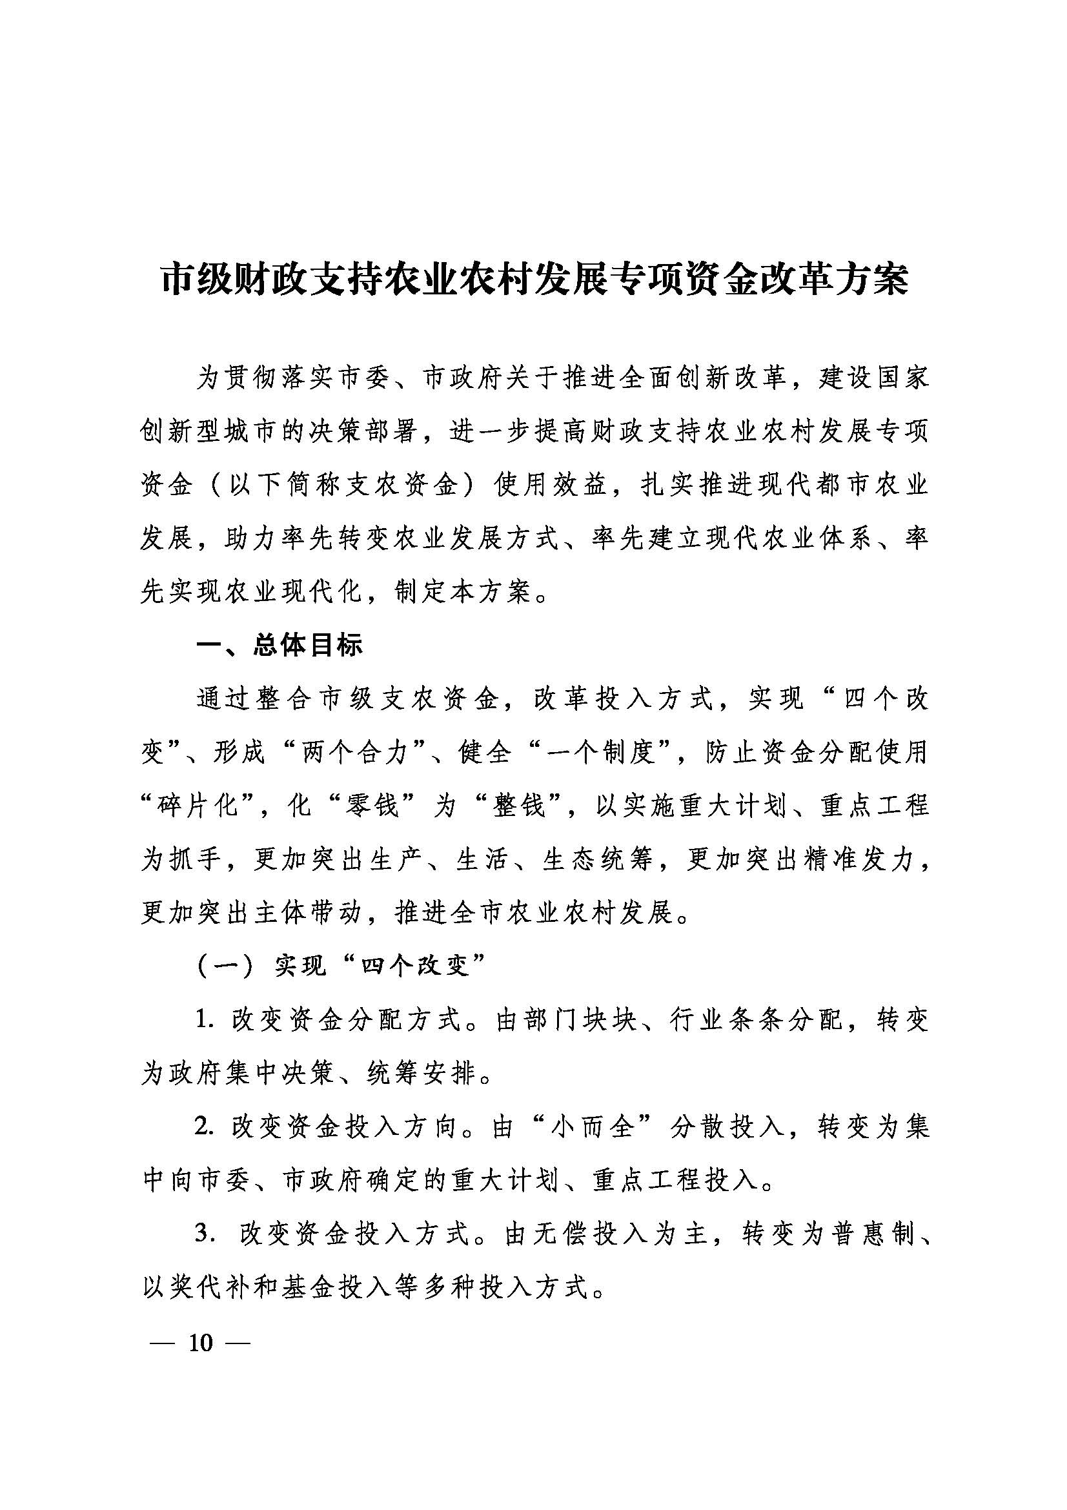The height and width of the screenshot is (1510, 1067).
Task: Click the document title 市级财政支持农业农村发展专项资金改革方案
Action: (x=534, y=281)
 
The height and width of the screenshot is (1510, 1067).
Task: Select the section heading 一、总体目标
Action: (x=279, y=646)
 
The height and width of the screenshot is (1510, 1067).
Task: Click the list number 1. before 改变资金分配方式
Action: (x=205, y=1020)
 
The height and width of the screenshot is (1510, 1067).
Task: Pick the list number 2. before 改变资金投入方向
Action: (x=205, y=1127)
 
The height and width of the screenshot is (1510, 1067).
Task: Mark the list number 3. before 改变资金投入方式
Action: (x=205, y=1234)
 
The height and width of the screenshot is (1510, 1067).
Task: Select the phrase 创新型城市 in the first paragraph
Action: (x=211, y=432)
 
